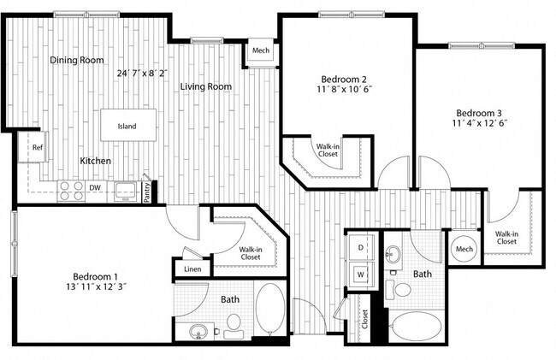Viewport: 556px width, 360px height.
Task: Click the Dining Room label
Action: pyautogui.click(x=76, y=60)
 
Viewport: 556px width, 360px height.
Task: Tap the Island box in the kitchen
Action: pyautogui.click(x=127, y=127)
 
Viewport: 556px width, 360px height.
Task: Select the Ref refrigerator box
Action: pyautogui.click(x=38, y=148)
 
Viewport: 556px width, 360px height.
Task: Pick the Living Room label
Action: pyautogui.click(x=206, y=86)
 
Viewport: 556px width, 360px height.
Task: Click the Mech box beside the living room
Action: pyautogui.click(x=261, y=51)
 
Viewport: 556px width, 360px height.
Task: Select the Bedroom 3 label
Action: pyautogui.click(x=480, y=113)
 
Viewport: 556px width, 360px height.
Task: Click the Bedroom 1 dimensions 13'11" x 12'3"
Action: pyautogui.click(x=100, y=287)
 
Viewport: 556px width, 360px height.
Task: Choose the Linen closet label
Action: pyautogui.click(x=192, y=270)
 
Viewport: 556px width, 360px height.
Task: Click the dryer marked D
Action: pyautogui.click(x=360, y=247)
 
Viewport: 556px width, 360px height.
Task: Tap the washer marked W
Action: pyautogui.click(x=360, y=274)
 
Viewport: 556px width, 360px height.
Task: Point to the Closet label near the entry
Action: pyautogui.click(x=364, y=319)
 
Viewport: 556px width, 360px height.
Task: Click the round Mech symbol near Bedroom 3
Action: pyautogui.click(x=464, y=249)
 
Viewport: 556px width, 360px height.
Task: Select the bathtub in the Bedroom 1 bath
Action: pyautogui.click(x=271, y=310)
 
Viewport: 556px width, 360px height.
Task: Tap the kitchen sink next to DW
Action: pyautogui.click(x=126, y=190)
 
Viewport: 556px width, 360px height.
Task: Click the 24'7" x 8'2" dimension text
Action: pyautogui.click(x=143, y=74)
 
